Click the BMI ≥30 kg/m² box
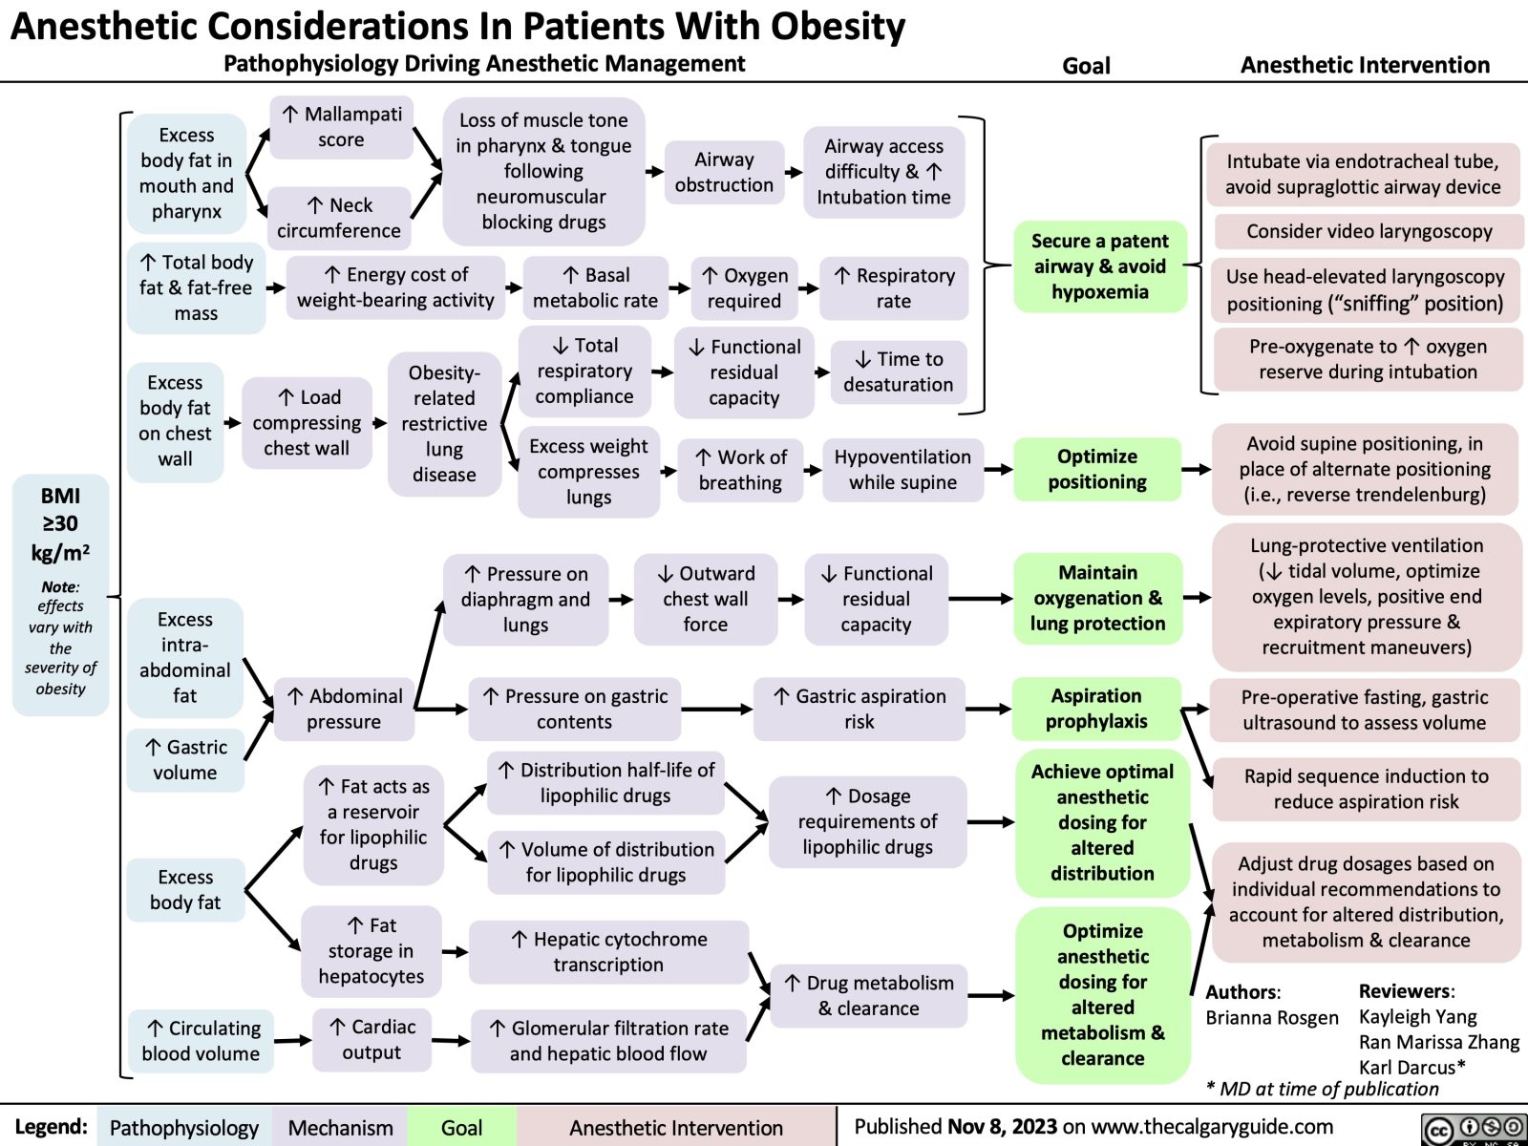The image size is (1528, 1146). (x=60, y=592)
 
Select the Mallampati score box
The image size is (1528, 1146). (x=341, y=127)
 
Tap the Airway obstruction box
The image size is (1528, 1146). (x=724, y=173)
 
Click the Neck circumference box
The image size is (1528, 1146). (x=339, y=218)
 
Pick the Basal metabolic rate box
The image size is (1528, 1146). (x=595, y=287)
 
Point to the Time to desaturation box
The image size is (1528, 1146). (x=898, y=371)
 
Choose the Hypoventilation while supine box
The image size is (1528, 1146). (x=902, y=469)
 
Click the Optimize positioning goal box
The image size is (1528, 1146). (x=1097, y=469)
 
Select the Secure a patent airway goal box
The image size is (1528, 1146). (x=1099, y=266)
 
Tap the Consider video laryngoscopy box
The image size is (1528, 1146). (x=1369, y=231)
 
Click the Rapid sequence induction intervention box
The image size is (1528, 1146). (x=1366, y=789)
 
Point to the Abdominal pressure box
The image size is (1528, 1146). (x=344, y=709)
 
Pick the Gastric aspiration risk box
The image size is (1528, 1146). (x=859, y=709)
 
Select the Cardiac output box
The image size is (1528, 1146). (x=371, y=1039)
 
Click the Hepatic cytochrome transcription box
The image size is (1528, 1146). (x=608, y=951)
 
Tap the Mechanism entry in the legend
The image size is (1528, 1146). (x=340, y=1128)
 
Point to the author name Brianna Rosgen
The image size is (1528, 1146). (x=1271, y=1018)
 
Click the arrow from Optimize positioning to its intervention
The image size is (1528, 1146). (x=1196, y=469)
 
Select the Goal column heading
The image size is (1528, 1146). (x=1086, y=66)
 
